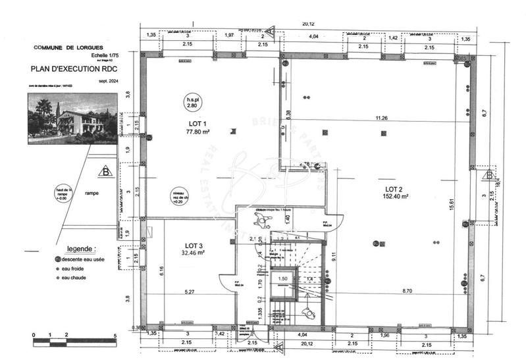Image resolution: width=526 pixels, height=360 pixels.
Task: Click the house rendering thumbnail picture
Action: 72,118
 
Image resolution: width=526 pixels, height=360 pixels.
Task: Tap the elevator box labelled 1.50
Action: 282,279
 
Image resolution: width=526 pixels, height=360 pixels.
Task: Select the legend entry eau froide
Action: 74,269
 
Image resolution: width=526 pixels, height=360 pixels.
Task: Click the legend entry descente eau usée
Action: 82,260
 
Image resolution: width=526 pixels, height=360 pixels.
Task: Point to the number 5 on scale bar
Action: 115,336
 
